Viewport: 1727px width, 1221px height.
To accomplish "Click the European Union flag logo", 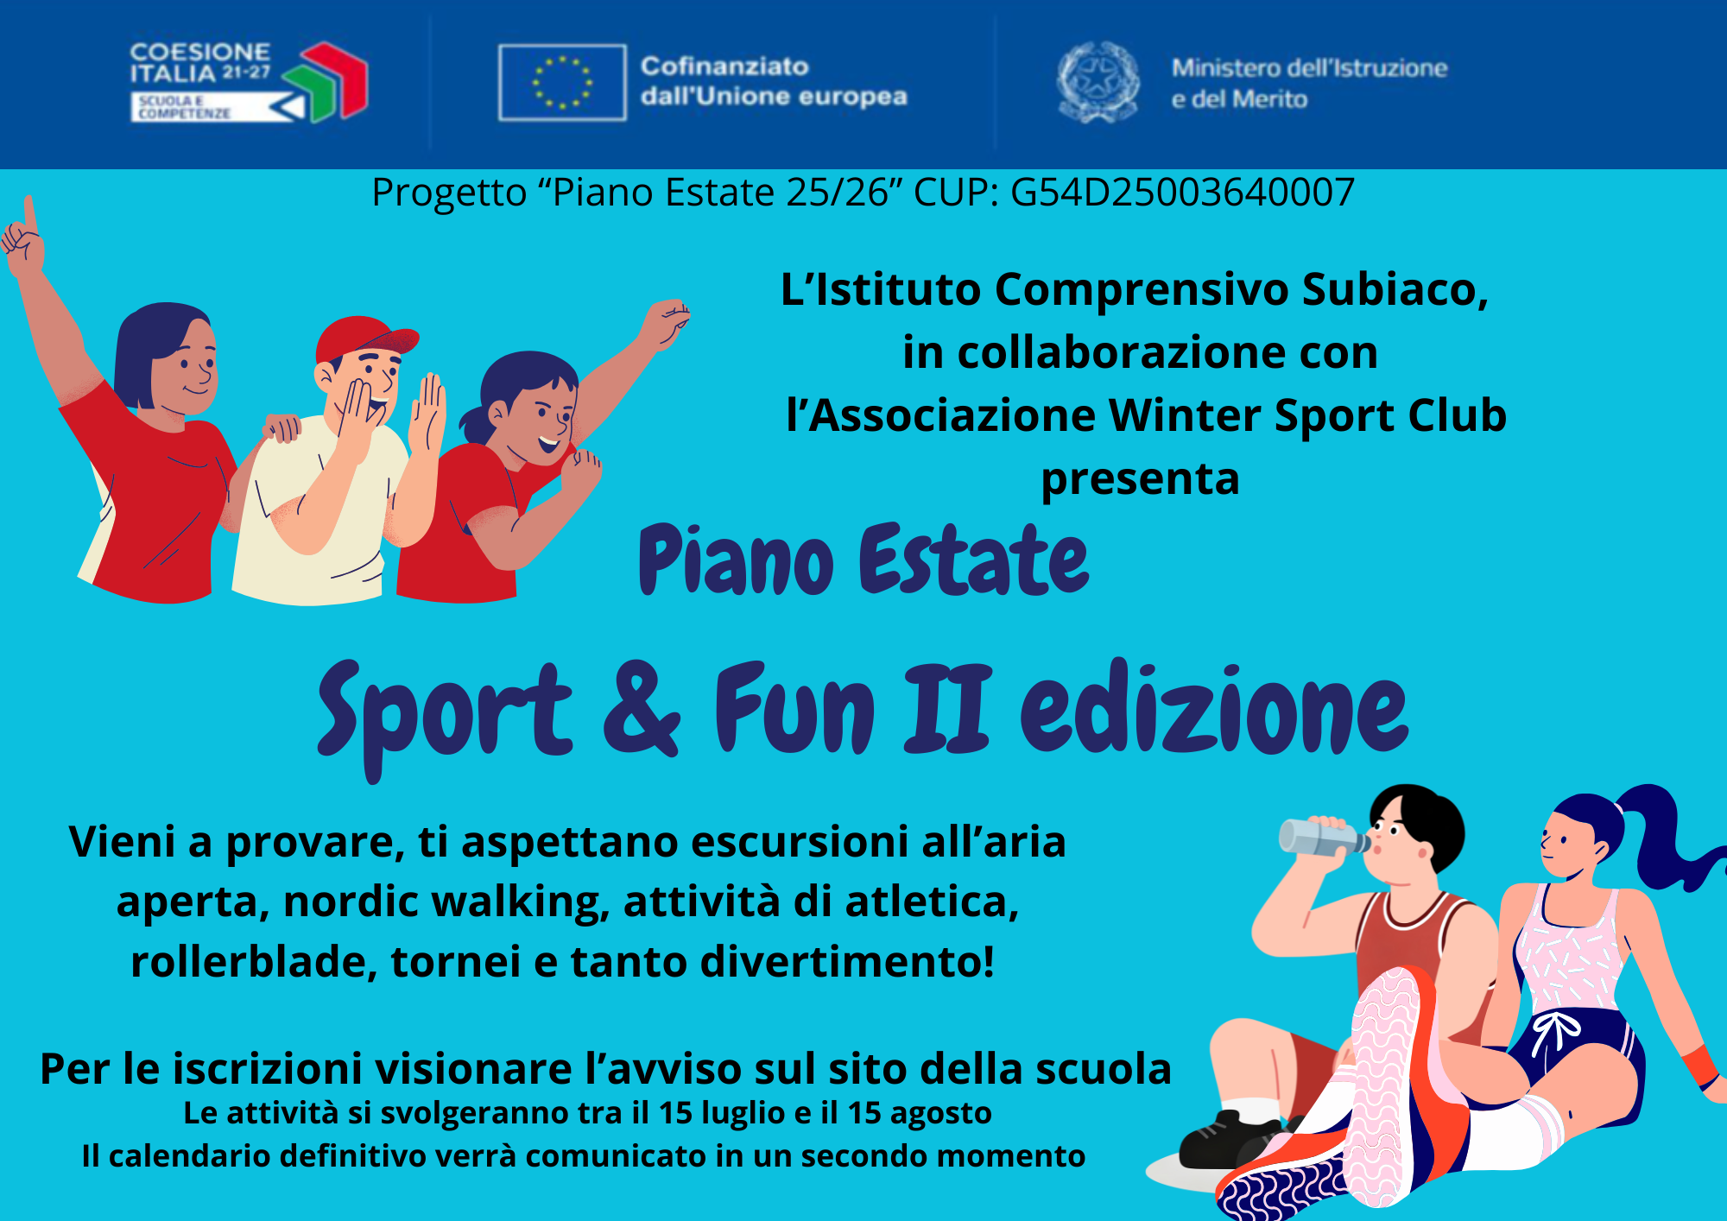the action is pos(562,82).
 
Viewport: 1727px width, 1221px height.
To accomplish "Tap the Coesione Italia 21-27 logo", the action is pos(249,81).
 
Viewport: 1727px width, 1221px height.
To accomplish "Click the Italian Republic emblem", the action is pos(1098,82).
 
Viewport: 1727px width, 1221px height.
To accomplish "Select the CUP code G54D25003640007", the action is pos(1182,192).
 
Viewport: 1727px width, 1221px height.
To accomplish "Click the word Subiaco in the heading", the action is pos(1395,289).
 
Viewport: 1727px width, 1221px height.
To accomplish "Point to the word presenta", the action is pos(1140,480).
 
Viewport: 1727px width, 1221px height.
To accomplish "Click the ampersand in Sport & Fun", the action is pos(641,708).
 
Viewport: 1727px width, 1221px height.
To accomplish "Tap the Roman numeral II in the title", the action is pos(947,708).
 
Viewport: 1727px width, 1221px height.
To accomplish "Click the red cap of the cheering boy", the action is pos(365,338).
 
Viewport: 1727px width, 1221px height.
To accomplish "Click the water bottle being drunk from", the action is pos(1322,837).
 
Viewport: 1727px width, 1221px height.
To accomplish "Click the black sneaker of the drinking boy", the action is pos(1230,1140).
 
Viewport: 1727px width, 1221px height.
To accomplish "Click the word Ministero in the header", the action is pos(1227,67).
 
